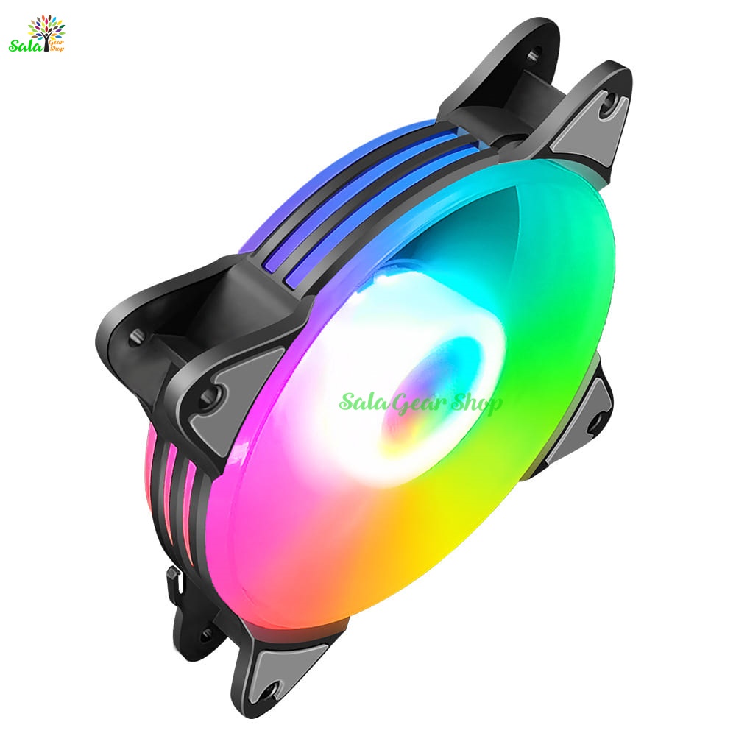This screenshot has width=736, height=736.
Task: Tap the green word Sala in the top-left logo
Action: pos(26,46)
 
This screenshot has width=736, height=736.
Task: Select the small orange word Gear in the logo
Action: pos(56,43)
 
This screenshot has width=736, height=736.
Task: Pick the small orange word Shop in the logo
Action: pos(57,49)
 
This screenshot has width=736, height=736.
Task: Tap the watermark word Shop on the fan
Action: pos(475,403)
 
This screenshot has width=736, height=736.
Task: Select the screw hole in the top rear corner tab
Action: pos(533,54)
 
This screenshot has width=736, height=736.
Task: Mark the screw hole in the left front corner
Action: pos(209,397)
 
